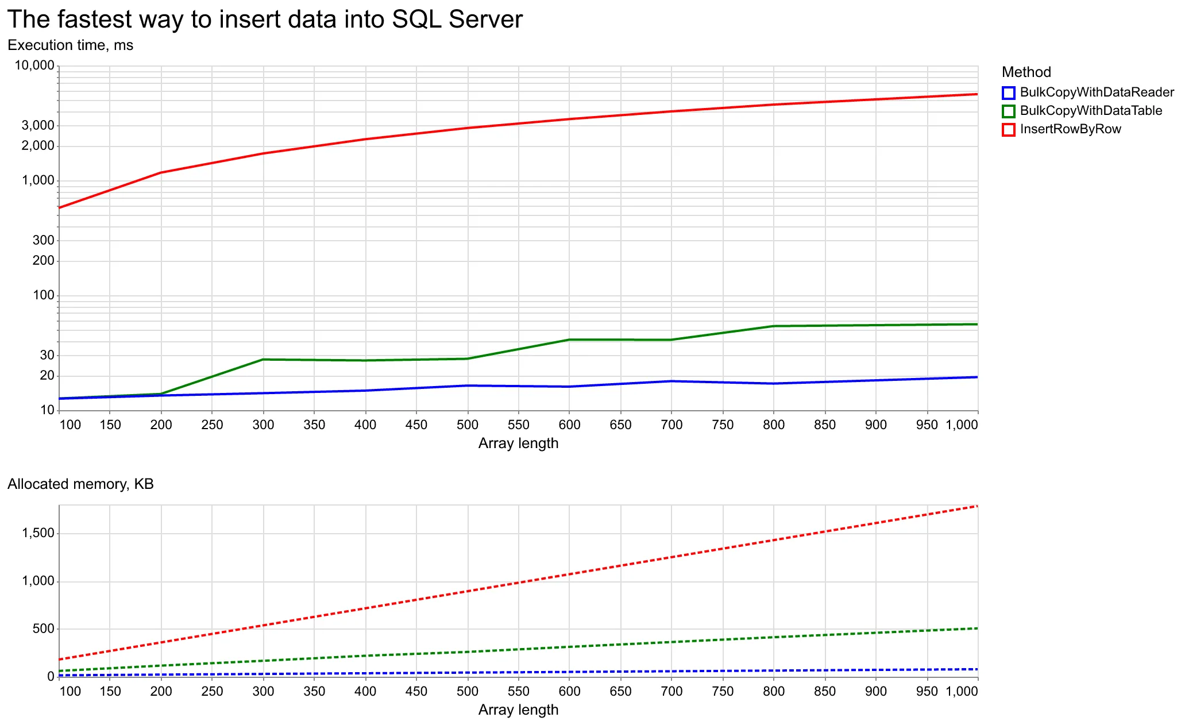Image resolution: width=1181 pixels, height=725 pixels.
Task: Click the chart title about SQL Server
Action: point(265,20)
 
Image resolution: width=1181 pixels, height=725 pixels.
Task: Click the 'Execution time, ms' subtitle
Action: point(70,45)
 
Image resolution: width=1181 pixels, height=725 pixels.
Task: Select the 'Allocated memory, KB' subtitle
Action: point(80,484)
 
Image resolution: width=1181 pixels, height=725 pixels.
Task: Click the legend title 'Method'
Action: point(1026,72)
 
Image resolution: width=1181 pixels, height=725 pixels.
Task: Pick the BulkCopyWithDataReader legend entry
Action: point(1097,92)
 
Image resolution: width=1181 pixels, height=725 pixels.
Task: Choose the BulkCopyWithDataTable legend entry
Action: point(1091,111)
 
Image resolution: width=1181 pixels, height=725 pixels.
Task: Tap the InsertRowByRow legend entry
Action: point(1070,129)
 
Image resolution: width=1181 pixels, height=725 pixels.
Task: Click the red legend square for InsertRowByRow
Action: point(1009,129)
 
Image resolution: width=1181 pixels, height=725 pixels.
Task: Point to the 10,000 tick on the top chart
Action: point(34,65)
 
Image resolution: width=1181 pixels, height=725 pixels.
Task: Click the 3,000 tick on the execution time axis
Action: point(39,126)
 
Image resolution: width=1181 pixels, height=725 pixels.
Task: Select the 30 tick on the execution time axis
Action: point(47,356)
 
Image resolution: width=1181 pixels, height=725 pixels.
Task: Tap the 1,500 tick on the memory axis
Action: point(38,534)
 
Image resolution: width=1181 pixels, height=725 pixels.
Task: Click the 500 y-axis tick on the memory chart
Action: point(43,629)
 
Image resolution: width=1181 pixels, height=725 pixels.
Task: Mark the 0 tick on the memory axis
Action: point(51,677)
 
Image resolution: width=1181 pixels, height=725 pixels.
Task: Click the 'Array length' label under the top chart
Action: point(518,444)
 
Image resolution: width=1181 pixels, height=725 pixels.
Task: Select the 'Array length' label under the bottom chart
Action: point(518,710)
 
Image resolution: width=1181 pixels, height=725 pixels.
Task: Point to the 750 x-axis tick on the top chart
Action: point(723,425)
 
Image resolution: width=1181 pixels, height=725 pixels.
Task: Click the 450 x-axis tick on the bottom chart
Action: point(416,692)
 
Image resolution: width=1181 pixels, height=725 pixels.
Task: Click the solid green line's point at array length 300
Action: point(263,360)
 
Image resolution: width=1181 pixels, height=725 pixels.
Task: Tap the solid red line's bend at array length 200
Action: point(161,172)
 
